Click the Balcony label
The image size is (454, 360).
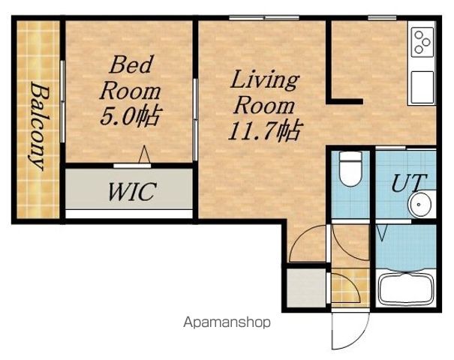point(40,127)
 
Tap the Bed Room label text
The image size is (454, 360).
point(130,78)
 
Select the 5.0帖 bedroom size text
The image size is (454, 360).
point(130,116)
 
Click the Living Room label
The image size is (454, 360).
point(264,92)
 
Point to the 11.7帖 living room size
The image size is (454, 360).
point(265,130)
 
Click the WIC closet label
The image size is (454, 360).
point(132,191)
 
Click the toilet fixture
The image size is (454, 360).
point(350,169)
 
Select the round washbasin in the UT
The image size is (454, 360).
point(419,204)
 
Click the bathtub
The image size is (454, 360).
point(407,288)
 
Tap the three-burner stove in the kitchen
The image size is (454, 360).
point(422,42)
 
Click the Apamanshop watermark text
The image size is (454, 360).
point(227,322)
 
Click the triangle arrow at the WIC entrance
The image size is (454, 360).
point(144,154)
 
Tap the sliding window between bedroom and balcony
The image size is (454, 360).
point(62,101)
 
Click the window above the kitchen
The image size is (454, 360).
point(382,18)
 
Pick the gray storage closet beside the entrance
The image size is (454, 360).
point(307,288)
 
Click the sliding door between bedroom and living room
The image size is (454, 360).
point(195,119)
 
